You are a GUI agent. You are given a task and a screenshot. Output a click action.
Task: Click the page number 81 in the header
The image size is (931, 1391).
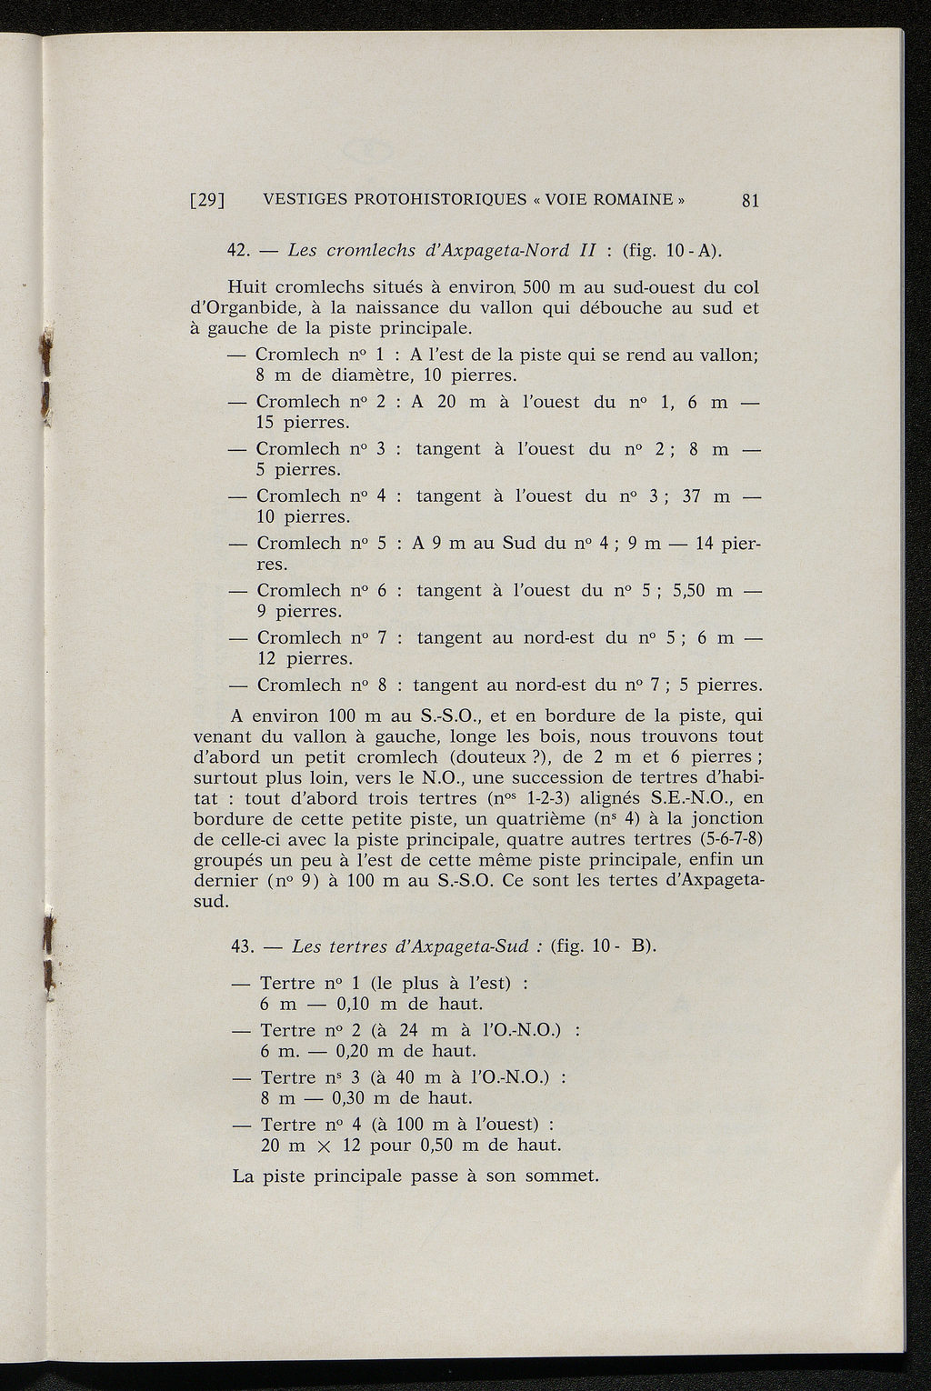pyautogui.click(x=750, y=201)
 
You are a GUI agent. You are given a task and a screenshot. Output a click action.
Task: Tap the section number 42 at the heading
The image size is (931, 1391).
pyautogui.click(x=238, y=250)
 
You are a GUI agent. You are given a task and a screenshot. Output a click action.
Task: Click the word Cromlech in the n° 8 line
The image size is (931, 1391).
pyautogui.click(x=297, y=685)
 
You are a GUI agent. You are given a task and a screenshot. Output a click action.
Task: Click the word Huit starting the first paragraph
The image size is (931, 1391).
pyautogui.click(x=249, y=287)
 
